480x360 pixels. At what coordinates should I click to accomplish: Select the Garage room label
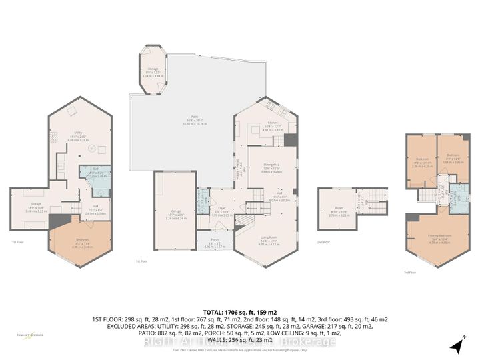(x=176, y=211)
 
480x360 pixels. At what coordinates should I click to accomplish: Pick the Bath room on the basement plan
(x=97, y=173)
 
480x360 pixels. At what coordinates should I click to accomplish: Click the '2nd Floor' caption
(x=323, y=241)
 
